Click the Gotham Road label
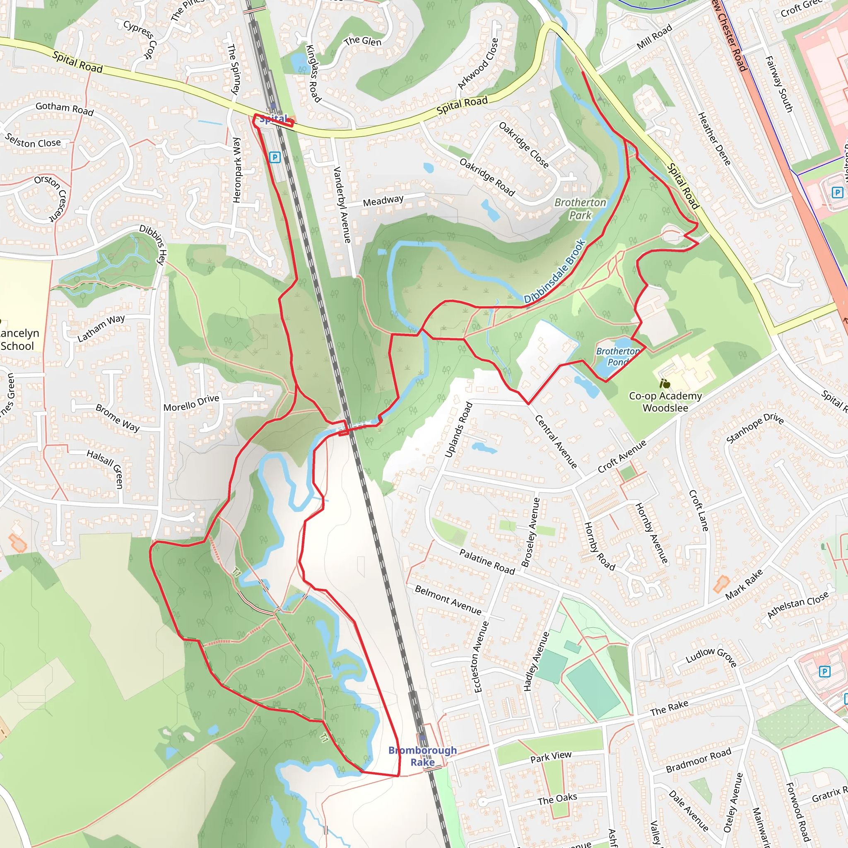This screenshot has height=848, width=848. pyautogui.click(x=65, y=108)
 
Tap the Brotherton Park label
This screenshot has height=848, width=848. pyautogui.click(x=580, y=209)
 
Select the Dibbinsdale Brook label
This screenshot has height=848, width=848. pyautogui.click(x=555, y=272)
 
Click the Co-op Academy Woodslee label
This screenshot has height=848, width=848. pyautogui.click(x=665, y=402)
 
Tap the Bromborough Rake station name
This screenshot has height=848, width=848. pyautogui.click(x=422, y=756)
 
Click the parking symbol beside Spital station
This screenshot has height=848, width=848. pyautogui.click(x=275, y=157)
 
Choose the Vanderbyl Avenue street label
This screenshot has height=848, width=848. pyautogui.click(x=342, y=205)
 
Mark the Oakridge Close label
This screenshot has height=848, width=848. pyautogui.click(x=524, y=145)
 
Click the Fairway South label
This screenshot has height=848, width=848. pyautogui.click(x=779, y=84)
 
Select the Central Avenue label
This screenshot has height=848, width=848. pyautogui.click(x=556, y=441)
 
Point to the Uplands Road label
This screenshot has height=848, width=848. pyautogui.click(x=459, y=430)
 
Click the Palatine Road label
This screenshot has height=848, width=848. pyautogui.click(x=487, y=561)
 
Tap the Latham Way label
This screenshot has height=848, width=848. pyautogui.click(x=101, y=328)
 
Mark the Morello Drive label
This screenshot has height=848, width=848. pyautogui.click(x=191, y=403)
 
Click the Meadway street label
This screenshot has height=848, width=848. pyautogui.click(x=383, y=200)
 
